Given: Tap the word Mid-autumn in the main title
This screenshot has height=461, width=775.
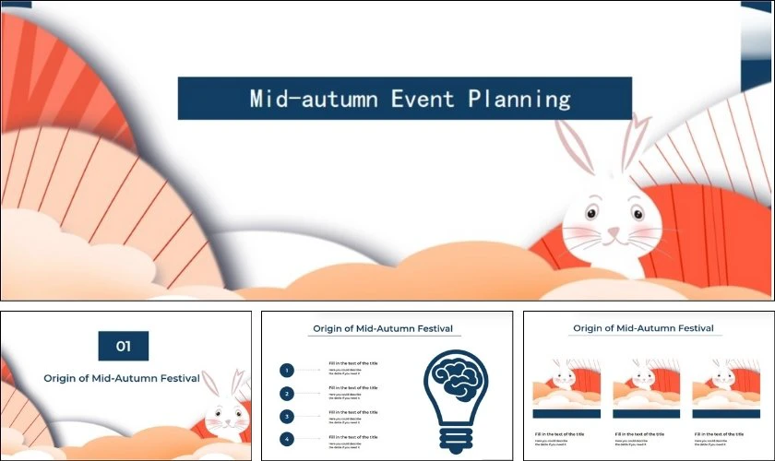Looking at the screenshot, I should (314, 99).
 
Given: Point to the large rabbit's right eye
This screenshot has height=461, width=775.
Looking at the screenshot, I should (637, 213).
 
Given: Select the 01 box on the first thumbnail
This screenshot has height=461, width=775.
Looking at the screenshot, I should (124, 347).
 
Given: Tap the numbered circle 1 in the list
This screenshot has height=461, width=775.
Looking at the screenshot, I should (287, 371).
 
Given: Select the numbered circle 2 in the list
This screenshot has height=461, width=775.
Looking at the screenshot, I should (287, 394).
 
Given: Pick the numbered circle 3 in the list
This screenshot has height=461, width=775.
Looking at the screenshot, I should (287, 417).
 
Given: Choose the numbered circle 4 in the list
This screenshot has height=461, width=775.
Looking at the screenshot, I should (287, 439).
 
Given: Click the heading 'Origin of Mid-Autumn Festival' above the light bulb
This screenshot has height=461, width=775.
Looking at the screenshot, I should (386, 329).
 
